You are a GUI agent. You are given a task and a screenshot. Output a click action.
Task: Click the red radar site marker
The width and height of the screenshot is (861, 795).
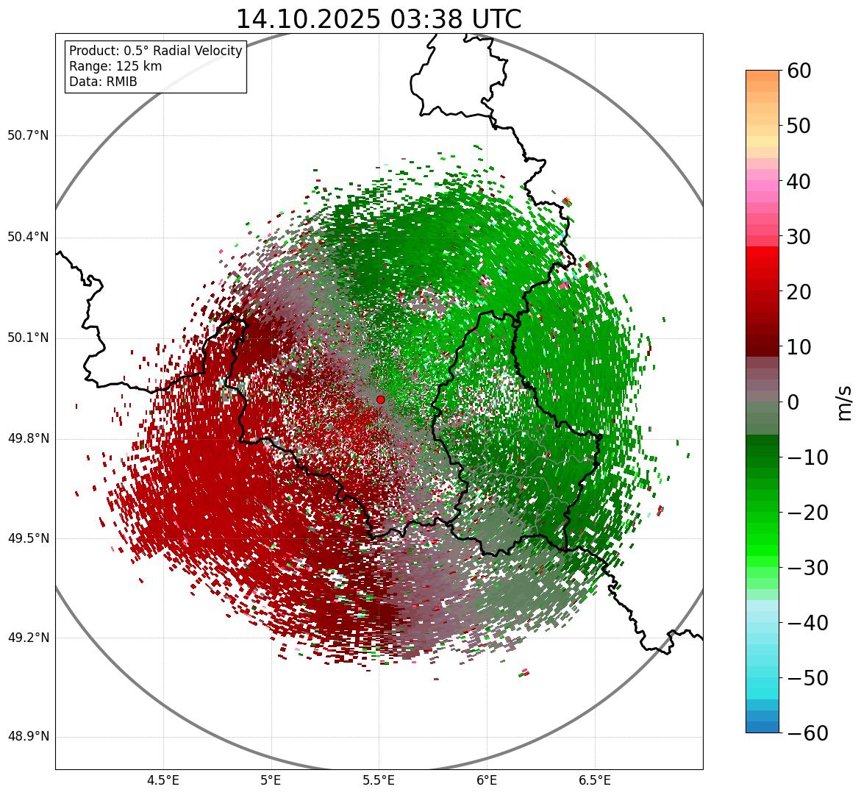point(380,399)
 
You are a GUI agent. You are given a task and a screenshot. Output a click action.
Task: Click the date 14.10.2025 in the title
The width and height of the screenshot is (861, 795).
point(307,19)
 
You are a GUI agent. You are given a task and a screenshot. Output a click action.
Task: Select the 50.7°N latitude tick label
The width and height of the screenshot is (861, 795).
point(28,136)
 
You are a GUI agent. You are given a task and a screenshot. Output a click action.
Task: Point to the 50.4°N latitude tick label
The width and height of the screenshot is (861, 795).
point(28,238)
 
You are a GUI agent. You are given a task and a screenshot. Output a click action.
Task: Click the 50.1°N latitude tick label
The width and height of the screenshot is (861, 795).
point(28,338)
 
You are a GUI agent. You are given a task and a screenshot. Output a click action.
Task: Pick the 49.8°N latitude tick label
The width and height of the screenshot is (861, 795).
point(28,439)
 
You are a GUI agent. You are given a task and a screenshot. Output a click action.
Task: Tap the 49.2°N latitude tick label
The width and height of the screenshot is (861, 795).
point(28,638)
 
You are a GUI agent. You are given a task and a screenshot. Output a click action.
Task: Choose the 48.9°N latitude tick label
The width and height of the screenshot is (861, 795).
point(28,737)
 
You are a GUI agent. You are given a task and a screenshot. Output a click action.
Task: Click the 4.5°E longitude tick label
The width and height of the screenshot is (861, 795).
point(163,780)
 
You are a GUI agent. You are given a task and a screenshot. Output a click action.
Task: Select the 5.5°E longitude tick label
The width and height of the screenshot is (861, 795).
point(379,780)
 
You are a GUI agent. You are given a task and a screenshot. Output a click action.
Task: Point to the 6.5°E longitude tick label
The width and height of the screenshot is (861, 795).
point(594,780)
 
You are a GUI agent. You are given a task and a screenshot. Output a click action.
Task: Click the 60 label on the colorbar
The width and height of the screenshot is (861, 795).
point(799,71)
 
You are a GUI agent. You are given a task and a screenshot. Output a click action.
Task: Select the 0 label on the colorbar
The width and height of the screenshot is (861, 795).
point(793,402)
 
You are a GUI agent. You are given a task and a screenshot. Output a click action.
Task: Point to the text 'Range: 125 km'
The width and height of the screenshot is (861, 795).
point(115,66)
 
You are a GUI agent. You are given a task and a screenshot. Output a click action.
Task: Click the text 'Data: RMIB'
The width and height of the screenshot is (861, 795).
point(103,82)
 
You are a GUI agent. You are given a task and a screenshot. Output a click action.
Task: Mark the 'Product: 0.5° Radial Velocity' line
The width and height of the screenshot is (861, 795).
point(155,51)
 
